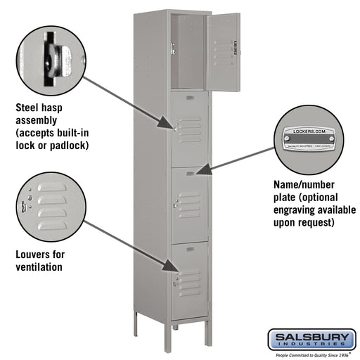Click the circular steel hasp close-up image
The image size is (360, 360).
pyautogui.click(x=52, y=56)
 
